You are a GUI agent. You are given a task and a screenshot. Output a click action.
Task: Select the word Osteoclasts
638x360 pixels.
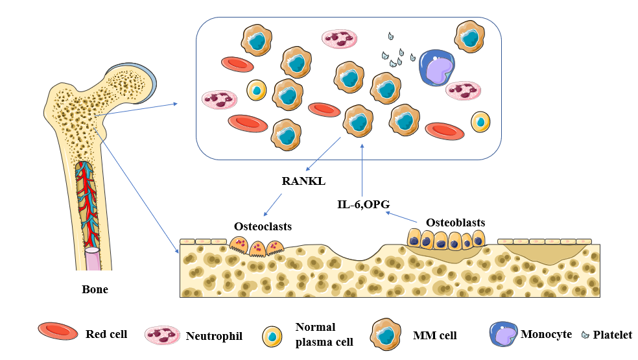263,226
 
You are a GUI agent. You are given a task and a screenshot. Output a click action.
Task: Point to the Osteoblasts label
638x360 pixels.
455,222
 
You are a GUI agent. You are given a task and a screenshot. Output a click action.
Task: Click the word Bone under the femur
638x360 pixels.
95,289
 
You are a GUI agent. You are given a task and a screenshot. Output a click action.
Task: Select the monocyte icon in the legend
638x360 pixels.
504,333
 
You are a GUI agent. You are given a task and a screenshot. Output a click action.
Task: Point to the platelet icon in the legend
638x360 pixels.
587,335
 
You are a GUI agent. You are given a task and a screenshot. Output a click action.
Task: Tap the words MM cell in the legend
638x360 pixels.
435,335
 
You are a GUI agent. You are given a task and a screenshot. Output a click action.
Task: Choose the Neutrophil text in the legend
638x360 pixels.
214,336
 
